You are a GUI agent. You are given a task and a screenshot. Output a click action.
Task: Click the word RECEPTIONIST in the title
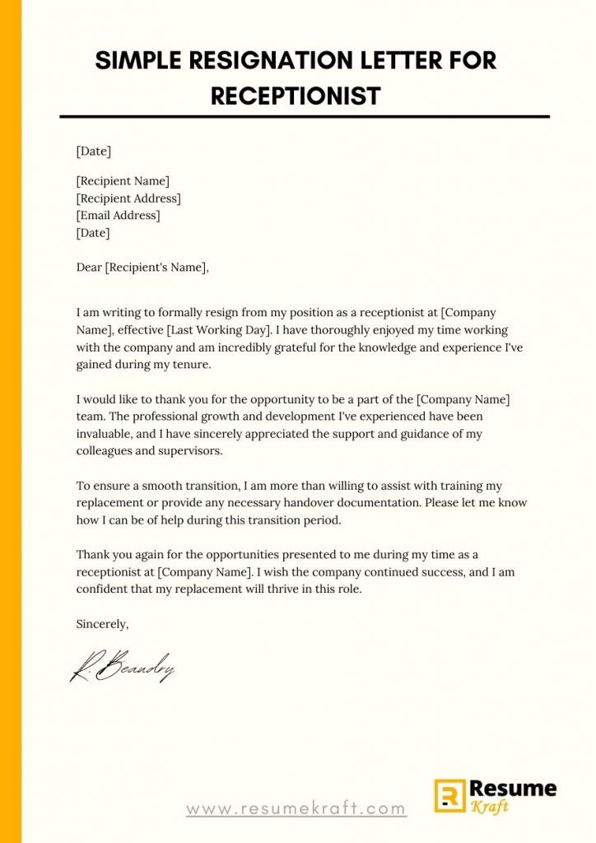click(296, 95)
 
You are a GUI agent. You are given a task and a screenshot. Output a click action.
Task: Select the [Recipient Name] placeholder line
click(123, 181)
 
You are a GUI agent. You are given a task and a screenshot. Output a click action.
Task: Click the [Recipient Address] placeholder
click(128, 198)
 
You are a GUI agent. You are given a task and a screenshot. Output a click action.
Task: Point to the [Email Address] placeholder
click(118, 216)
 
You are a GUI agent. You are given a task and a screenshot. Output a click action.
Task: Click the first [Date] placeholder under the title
click(93, 151)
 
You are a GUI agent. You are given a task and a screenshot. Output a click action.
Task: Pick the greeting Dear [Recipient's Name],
click(143, 267)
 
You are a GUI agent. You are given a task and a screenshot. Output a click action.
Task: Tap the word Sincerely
click(102, 624)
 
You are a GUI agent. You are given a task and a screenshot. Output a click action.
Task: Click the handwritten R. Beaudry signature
click(122, 668)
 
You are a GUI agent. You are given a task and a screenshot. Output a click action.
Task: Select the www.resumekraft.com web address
click(296, 808)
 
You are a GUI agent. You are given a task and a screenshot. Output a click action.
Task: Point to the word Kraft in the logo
click(491, 808)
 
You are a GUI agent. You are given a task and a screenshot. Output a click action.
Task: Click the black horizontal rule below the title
click(305, 117)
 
